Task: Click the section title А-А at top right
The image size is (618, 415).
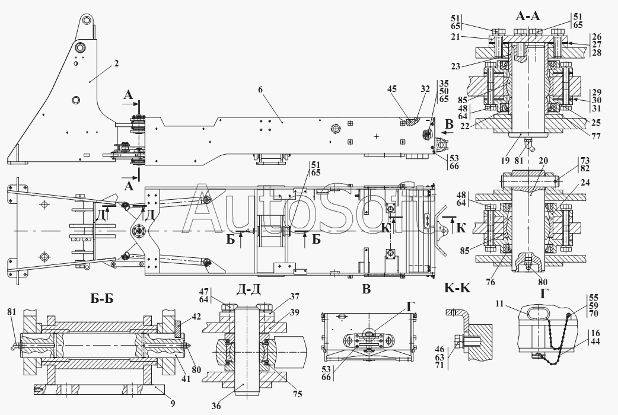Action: click(x=528, y=16)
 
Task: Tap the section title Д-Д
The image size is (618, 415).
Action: click(x=248, y=290)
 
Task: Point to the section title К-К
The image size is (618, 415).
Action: click(x=457, y=289)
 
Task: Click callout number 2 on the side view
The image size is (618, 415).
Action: click(x=117, y=63)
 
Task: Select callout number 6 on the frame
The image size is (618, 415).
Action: click(x=260, y=90)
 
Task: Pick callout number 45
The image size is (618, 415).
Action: click(x=391, y=90)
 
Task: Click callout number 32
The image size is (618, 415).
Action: click(x=425, y=90)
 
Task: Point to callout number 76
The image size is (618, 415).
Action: click(x=490, y=282)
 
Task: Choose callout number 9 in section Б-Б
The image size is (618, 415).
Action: click(x=173, y=403)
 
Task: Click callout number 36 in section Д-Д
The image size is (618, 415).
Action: click(x=216, y=407)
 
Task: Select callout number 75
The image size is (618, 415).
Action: click(x=298, y=394)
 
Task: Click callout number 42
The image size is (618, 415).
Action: click(x=196, y=317)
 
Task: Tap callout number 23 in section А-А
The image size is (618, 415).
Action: click(x=455, y=66)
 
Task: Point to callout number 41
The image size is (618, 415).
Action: click(x=185, y=379)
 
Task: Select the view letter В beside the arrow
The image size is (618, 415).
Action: click(x=448, y=125)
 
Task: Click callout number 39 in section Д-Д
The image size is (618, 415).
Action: click(x=294, y=313)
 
